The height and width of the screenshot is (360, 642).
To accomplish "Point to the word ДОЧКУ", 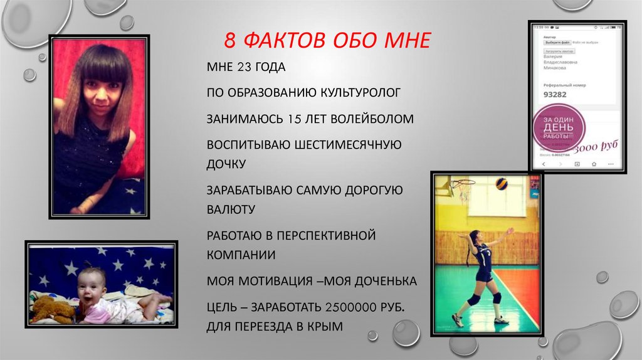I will [226, 164].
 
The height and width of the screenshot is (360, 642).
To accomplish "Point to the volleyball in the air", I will [502, 184].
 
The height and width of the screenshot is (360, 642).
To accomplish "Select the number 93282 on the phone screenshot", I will [555, 95].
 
